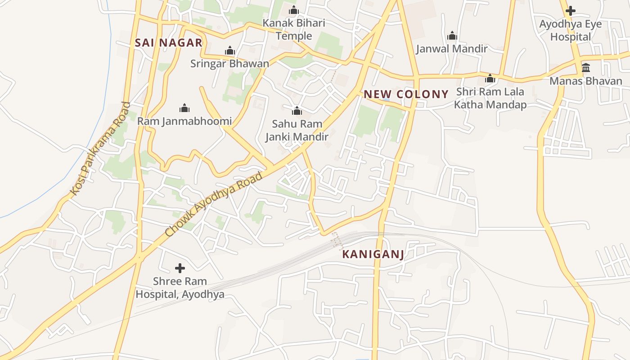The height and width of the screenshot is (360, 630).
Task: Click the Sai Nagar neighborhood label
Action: point(169,43)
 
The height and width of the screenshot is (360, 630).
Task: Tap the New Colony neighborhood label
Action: point(406,94)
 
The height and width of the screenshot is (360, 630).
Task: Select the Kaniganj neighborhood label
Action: point(373,254)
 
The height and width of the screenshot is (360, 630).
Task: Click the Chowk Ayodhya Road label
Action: point(214,204)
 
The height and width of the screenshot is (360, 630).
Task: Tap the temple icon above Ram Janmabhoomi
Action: point(184,108)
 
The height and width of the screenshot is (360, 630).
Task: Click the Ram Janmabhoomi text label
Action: point(184,121)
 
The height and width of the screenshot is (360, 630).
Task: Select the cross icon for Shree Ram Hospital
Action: point(180,268)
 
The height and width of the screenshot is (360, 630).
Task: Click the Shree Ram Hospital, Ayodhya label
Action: point(180,288)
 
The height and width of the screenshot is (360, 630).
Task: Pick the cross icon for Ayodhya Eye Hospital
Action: point(571,11)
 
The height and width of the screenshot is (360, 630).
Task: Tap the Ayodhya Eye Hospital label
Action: point(571,30)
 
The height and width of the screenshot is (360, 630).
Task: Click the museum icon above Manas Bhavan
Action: point(586,68)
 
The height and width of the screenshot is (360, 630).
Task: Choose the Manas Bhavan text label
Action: point(586,81)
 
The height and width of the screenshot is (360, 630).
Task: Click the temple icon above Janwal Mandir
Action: point(452,36)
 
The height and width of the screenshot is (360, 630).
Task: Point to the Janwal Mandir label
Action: point(452,49)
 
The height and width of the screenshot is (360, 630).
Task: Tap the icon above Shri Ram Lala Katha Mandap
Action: point(490,79)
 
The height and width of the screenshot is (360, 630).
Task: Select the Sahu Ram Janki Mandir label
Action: point(297,130)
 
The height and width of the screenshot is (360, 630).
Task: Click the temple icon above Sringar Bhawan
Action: point(230,50)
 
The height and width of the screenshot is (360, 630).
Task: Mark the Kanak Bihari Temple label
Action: point(294,29)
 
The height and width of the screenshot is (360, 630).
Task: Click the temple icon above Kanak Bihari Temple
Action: point(294,10)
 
